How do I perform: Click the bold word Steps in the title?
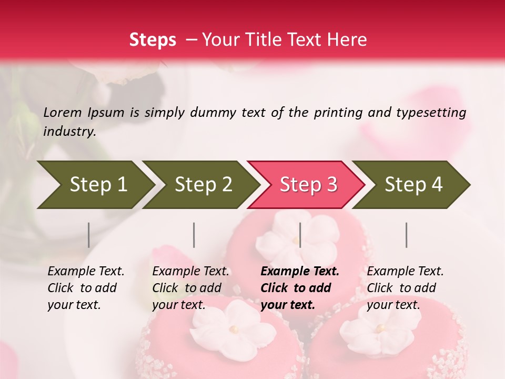pos(153,40)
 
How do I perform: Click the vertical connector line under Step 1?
pos(89,235)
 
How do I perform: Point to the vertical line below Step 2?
pos(194,235)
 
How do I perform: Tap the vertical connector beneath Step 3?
pos(300,235)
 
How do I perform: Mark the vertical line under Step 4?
pos(407,235)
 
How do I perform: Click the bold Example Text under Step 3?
pos(300,287)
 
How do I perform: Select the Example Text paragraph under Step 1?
pos(86,287)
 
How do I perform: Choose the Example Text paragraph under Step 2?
pos(190,287)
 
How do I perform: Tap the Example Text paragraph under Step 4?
pos(405,287)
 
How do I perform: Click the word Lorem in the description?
pos(63,112)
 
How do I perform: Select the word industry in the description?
pos(69,132)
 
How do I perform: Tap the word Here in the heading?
pos(347,40)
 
